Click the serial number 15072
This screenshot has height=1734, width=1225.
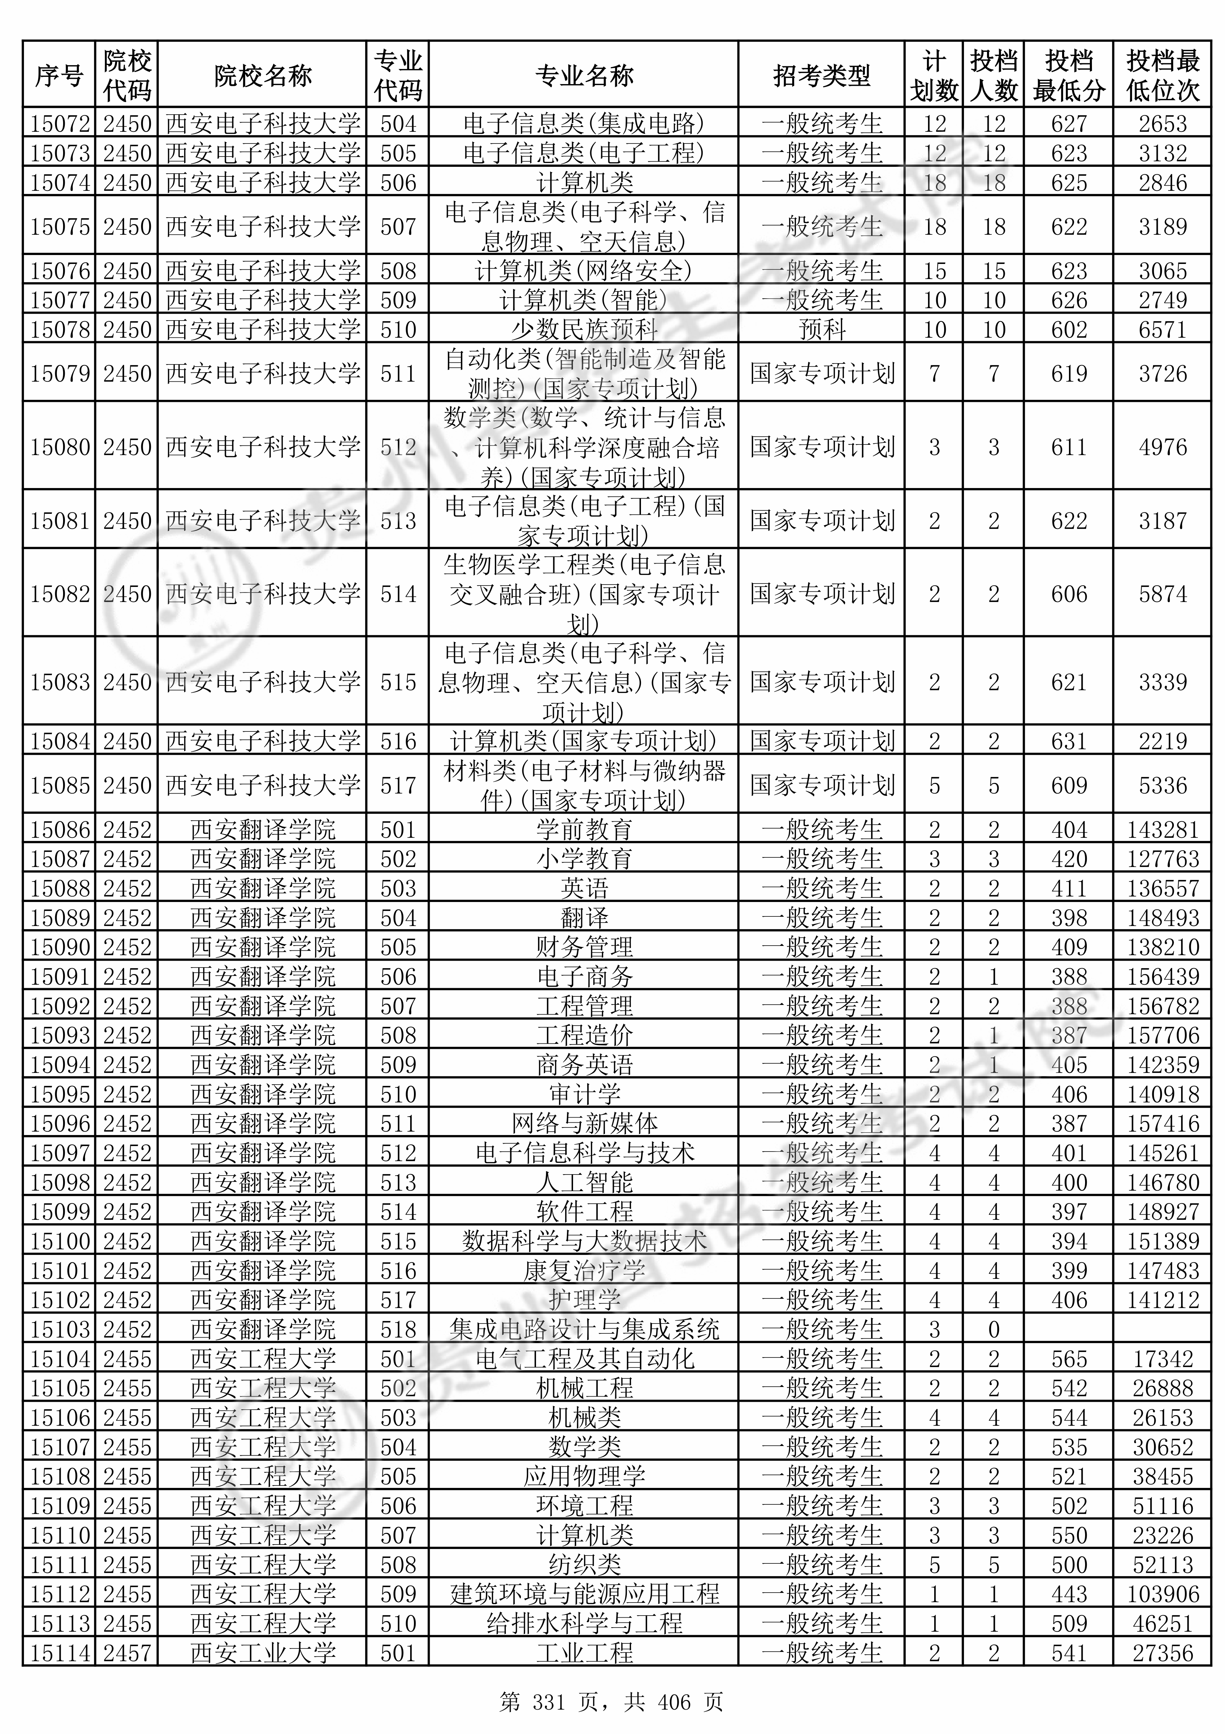tap(60, 123)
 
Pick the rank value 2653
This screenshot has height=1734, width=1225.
tap(1162, 123)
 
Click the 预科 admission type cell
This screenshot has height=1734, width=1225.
tap(821, 329)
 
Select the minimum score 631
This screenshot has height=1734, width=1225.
tap(1069, 741)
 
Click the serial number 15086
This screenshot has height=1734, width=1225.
tap(60, 829)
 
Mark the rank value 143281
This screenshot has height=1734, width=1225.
tap(1162, 829)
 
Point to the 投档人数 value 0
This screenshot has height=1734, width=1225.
tap(993, 1329)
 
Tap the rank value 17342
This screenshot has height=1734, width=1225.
tap(1162, 1359)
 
